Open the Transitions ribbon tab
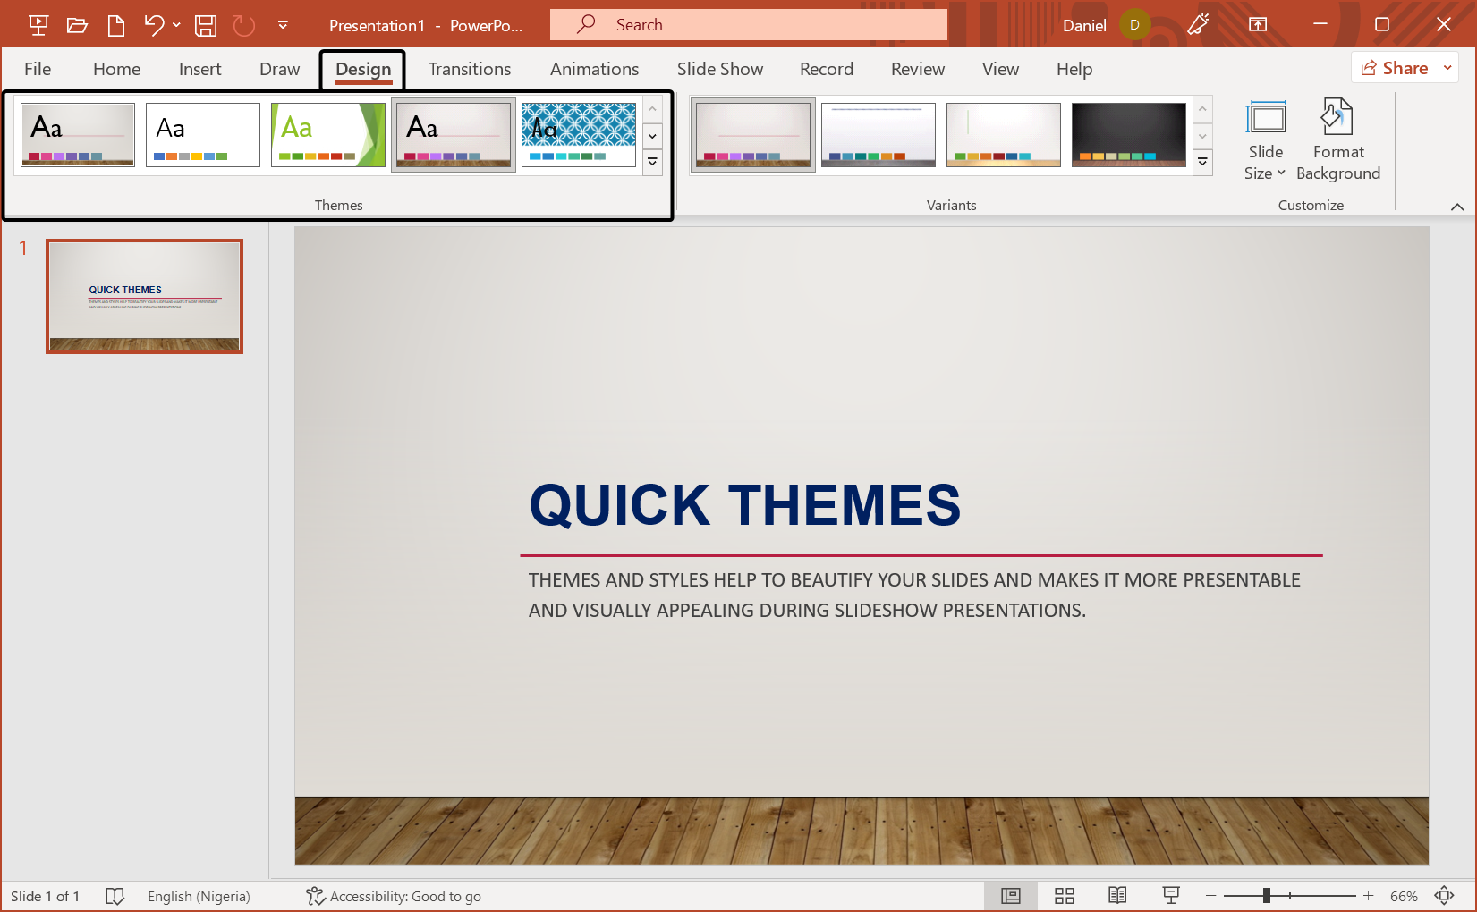469,69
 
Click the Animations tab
594,69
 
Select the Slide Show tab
719,69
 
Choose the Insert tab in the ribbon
199,69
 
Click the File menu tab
38,69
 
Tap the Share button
1395,68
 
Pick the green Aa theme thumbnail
328,135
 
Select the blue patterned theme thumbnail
579,135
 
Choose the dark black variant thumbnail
1128,135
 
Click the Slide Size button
1265,140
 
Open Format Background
1337,140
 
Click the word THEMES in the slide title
844,505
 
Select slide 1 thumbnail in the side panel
144,296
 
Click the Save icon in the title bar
206,25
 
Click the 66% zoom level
1403,896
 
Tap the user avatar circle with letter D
1134,25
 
